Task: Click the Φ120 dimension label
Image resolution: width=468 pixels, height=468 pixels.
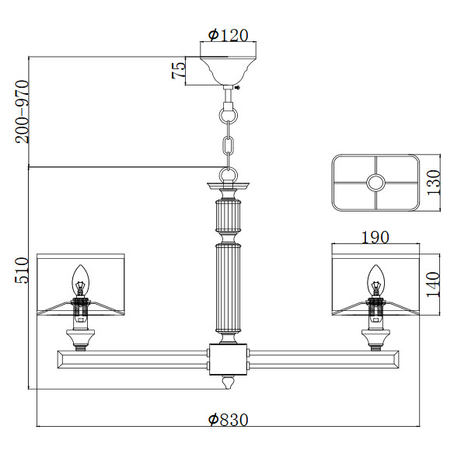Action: [x=228, y=35]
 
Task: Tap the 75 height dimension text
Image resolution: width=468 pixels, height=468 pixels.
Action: [x=179, y=71]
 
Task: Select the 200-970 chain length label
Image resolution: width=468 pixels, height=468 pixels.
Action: [x=23, y=112]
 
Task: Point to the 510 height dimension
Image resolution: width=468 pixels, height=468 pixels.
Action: [x=22, y=271]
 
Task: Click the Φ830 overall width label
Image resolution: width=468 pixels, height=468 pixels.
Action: [x=228, y=419]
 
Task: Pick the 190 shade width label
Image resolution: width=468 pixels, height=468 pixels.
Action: [x=375, y=237]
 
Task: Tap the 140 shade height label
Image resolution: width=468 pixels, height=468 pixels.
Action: [x=433, y=285]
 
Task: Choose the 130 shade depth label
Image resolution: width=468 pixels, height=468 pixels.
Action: [x=433, y=183]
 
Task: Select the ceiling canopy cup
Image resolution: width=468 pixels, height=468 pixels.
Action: [x=229, y=71]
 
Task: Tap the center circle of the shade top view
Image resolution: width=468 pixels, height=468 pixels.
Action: [x=375, y=183]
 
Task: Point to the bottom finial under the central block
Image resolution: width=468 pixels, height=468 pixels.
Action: [x=228, y=382]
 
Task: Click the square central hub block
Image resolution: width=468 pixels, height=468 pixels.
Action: [x=229, y=359]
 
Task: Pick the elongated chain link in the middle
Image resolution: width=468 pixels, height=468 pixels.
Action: [x=229, y=145]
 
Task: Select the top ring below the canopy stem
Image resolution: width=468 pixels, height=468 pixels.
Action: [x=229, y=115]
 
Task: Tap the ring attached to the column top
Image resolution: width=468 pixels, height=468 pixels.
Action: [x=229, y=175]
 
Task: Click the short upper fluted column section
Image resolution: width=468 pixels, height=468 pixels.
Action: [x=228, y=216]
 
